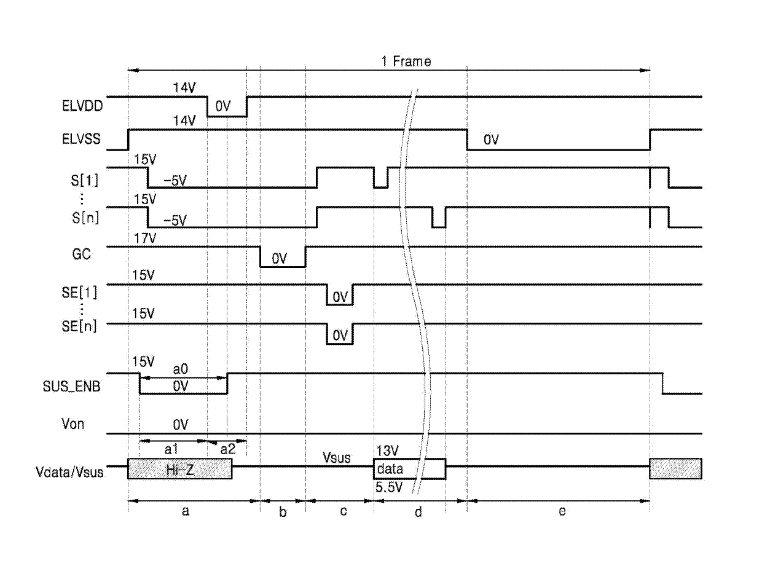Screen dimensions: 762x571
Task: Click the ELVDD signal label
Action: (82, 106)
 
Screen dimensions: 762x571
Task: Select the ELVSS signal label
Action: (81, 139)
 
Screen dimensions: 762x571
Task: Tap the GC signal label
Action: (82, 254)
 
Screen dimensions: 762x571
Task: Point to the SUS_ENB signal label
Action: (71, 387)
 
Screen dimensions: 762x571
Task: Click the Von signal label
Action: (73, 424)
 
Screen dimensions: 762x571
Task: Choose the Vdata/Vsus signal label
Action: (70, 472)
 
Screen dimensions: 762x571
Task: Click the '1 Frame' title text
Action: (406, 61)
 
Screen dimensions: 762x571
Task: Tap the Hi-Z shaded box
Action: (180, 469)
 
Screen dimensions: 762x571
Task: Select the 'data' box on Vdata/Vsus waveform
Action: (410, 469)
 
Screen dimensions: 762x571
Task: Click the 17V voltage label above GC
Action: (145, 238)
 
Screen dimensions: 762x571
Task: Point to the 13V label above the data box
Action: (387, 451)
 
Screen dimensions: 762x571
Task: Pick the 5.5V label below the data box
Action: (389, 487)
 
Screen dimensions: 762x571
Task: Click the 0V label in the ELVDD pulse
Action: (223, 106)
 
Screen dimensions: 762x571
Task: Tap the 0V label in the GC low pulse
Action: (280, 259)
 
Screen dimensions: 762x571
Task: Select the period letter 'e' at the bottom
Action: (562, 511)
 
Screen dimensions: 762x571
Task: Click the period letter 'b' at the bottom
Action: (283, 511)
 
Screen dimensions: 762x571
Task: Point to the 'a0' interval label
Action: (181, 369)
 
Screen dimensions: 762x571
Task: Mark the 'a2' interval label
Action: (228, 449)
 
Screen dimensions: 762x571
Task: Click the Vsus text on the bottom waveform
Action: (336, 457)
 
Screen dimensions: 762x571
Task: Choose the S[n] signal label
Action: (85, 218)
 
